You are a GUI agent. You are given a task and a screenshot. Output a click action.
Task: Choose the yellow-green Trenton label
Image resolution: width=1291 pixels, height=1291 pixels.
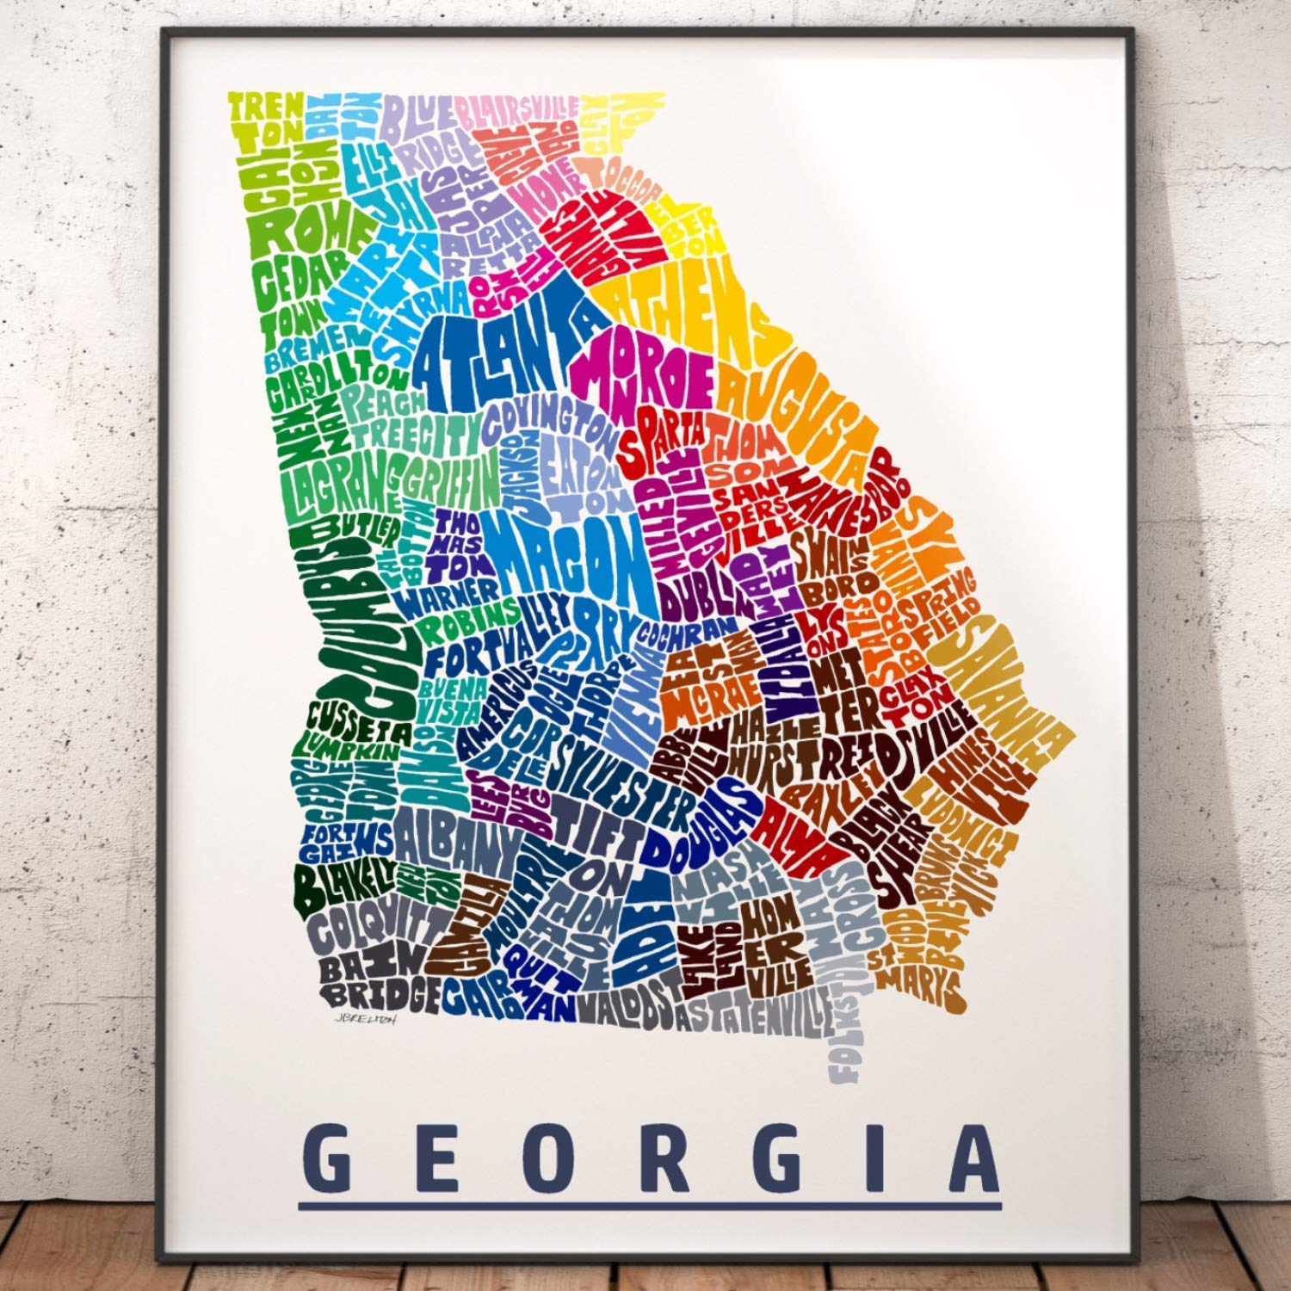(x=267, y=120)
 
